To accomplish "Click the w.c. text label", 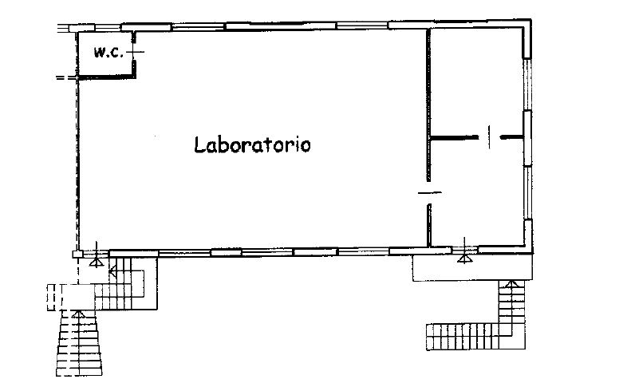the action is click(x=108, y=53).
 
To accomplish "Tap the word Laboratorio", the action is click(x=252, y=144).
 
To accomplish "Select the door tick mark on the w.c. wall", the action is click(x=135, y=52).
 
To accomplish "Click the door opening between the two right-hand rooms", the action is click(x=490, y=136).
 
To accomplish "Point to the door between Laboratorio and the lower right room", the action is click(x=429, y=193).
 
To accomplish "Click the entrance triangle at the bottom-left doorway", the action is click(x=97, y=263).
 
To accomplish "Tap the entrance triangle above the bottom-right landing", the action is click(x=464, y=259).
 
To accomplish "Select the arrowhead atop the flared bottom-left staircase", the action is click(x=78, y=314).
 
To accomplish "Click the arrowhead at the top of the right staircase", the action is click(x=512, y=284).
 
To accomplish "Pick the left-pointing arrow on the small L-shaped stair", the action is click(x=112, y=272).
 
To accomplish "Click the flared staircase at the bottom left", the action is click(x=79, y=343).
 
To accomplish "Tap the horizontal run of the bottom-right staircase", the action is click(x=463, y=337).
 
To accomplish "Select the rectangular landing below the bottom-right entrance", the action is click(x=473, y=268).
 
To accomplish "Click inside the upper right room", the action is click(x=476, y=82).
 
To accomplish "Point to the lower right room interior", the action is click(x=477, y=192).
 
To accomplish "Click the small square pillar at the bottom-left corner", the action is click(x=77, y=254).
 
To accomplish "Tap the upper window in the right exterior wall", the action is click(x=527, y=84).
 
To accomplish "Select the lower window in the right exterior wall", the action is click(x=528, y=192).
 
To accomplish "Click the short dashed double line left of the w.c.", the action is click(x=65, y=77).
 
